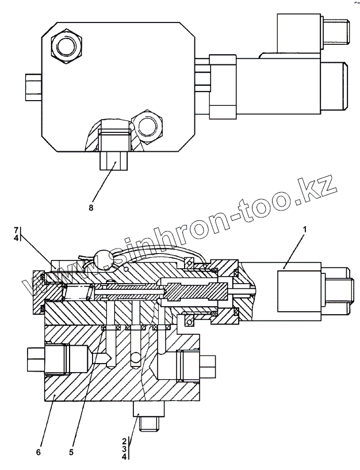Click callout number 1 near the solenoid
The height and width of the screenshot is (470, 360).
pyautogui.click(x=305, y=230)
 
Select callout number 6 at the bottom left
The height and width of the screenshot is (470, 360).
pyautogui.click(x=38, y=452)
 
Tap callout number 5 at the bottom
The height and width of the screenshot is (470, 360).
pyautogui.click(x=71, y=452)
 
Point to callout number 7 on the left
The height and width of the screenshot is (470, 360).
pyautogui.click(x=17, y=230)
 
